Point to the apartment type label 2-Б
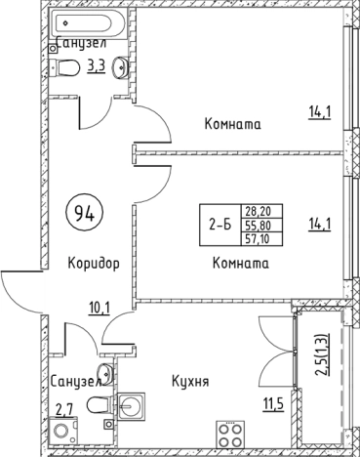click(220, 225)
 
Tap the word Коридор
click(95, 264)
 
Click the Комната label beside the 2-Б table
click(240, 264)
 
